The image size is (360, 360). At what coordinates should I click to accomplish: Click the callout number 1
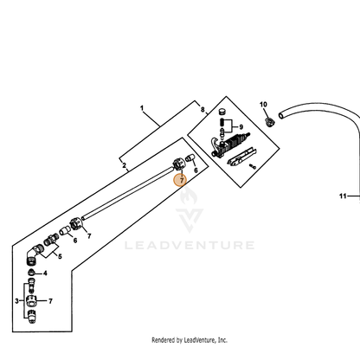pos(142,108)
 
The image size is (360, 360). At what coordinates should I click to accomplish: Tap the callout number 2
pos(124,165)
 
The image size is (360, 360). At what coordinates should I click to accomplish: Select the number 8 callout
pos(202,110)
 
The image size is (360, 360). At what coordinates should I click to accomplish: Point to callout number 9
pos(241,127)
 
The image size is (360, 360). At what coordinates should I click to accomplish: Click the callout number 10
pos(263,105)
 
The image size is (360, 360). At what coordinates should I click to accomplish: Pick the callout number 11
pos(343,196)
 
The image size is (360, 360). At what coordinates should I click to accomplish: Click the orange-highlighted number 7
pos(182,181)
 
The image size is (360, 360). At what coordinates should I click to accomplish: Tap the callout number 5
pos(60,256)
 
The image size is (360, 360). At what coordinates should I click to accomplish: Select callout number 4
pos(45,273)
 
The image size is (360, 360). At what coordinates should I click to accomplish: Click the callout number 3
pos(16,301)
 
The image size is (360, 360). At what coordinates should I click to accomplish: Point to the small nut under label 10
pos(270,121)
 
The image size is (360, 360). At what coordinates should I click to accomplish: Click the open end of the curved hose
pos(281,116)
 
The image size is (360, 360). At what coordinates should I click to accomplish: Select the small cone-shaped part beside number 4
pos(31,272)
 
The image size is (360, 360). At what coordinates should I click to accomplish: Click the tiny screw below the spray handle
pos(253,166)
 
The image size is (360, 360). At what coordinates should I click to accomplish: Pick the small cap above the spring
pos(222,112)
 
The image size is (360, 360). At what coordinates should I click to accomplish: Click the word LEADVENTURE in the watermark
pos(190,246)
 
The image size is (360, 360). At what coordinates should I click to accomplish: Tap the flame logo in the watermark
pos(189,195)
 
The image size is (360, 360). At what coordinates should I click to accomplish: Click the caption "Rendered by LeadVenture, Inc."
pos(190,340)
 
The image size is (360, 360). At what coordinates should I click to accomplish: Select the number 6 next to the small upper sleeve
pos(196,170)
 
